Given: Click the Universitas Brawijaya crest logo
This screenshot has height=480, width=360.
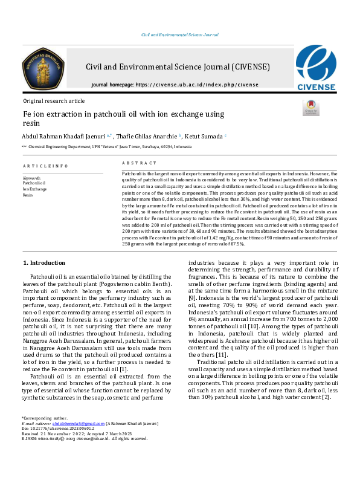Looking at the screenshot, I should [x=44, y=69].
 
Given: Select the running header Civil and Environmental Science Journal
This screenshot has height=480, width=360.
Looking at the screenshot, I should [x=179, y=35].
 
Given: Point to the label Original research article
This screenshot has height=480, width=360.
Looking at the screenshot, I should [x=54, y=101].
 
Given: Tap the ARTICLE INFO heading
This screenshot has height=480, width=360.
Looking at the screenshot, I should [x=45, y=166].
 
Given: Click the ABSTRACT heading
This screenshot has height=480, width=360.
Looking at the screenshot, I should [x=135, y=163].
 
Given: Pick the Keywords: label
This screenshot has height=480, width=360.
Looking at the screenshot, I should [x=32, y=178].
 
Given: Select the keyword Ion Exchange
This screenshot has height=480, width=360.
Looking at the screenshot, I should [x=34, y=190].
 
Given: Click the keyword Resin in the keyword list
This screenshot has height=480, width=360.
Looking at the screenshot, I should [x=28, y=195].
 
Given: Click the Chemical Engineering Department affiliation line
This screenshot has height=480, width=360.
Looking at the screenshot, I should [x=109, y=147].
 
